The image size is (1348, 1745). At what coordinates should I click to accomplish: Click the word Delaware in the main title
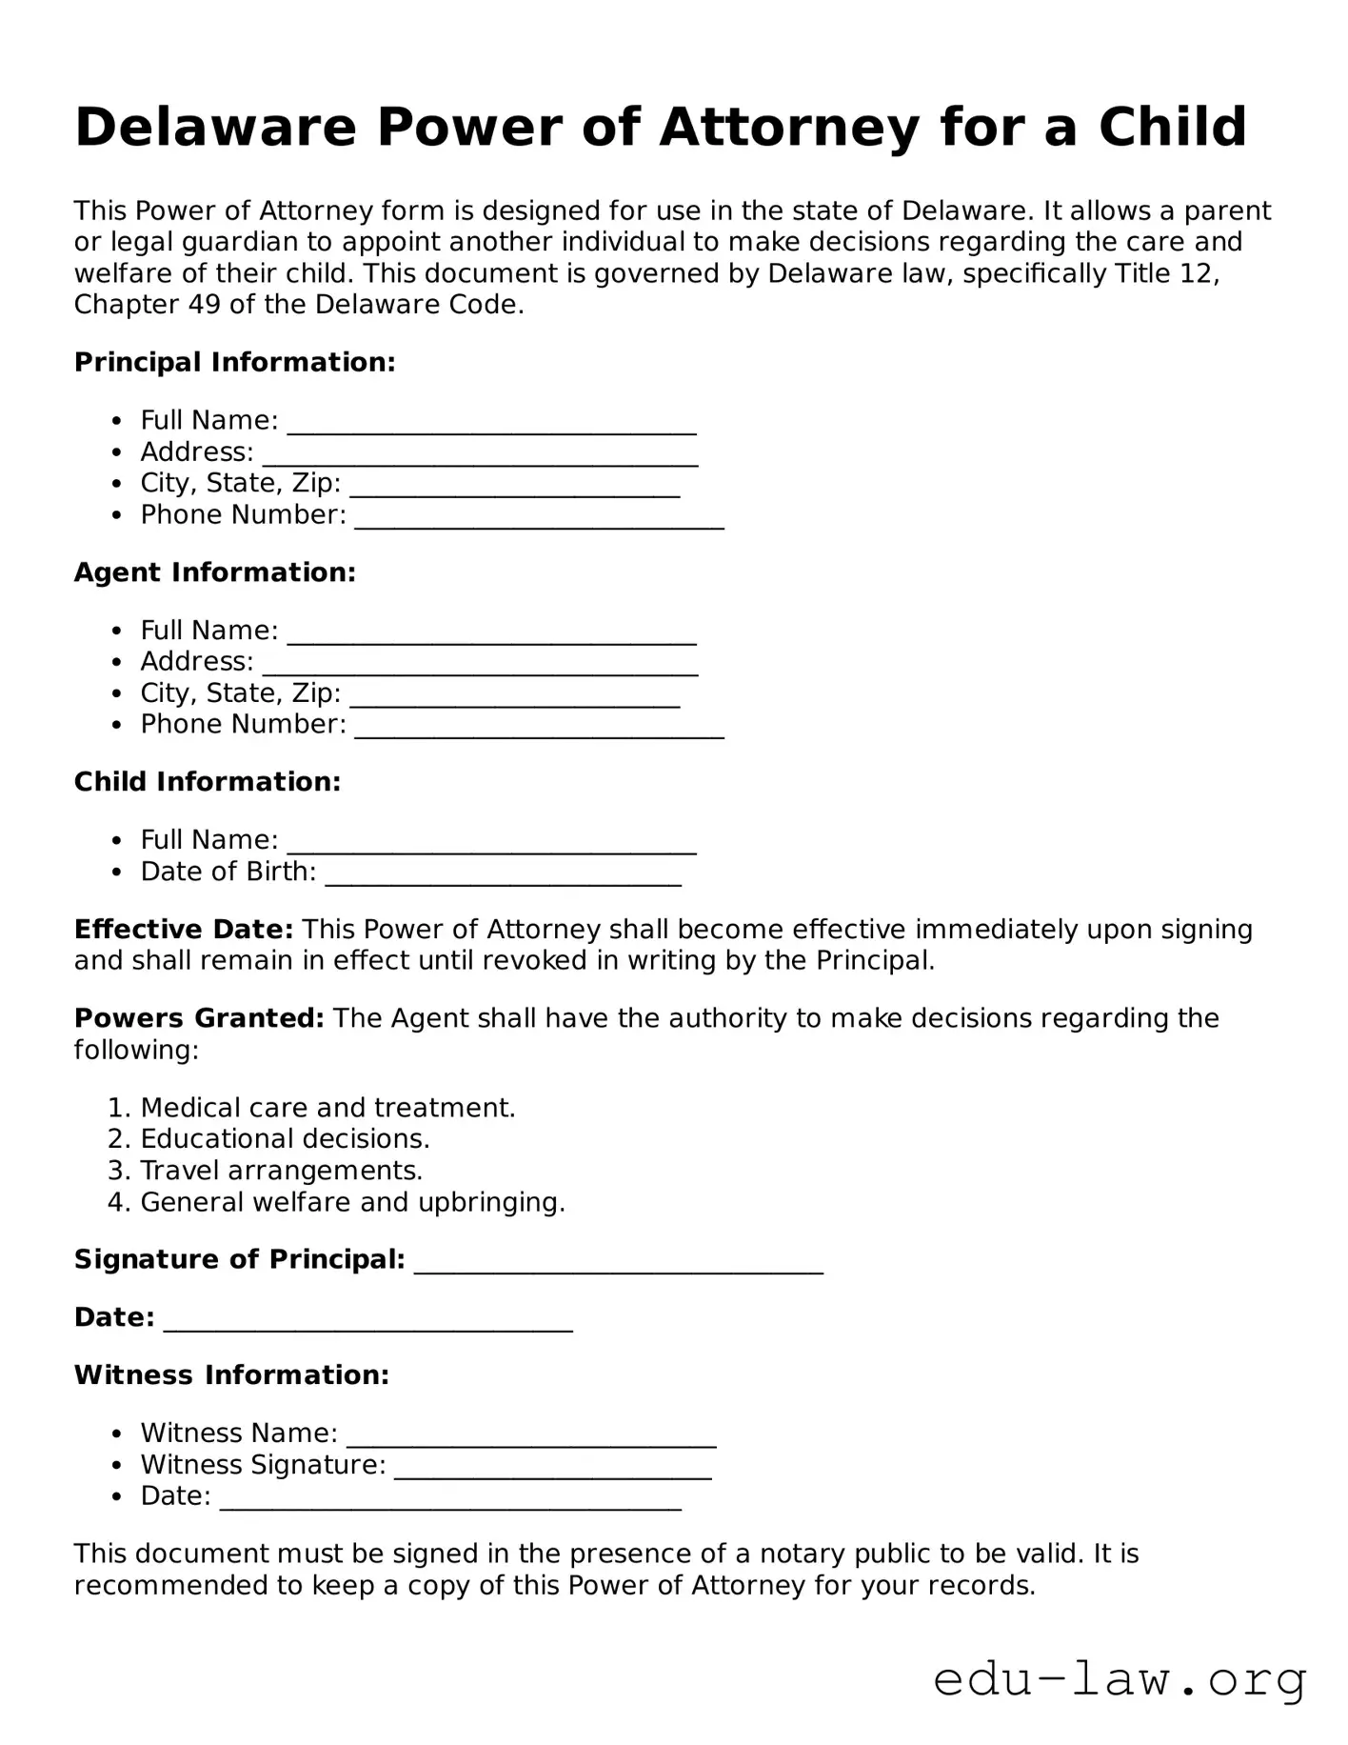pos(214,127)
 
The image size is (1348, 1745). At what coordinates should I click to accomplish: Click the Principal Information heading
pos(234,362)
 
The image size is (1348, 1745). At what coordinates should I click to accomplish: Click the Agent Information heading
pos(215,572)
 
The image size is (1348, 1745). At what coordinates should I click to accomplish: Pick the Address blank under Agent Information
pos(480,665)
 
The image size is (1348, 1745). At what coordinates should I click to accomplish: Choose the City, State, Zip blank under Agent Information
pos(515,696)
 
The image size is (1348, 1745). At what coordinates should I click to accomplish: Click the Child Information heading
pos(208,782)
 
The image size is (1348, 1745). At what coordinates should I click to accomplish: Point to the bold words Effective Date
pos(184,929)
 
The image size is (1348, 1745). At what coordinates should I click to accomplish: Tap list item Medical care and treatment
pos(327,1108)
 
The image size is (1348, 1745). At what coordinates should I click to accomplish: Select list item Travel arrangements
pos(281,1171)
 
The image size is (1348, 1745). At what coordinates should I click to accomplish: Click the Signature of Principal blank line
pos(619,1263)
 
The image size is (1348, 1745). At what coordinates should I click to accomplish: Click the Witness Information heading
pos(231,1375)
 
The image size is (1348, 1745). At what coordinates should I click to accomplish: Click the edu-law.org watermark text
pos(1119,1679)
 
